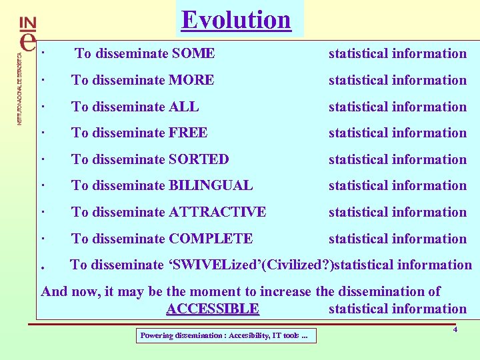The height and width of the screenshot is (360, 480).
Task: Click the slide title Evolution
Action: coord(236,19)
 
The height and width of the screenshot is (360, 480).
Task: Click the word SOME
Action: coord(193,53)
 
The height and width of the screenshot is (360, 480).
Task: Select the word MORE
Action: coord(191,80)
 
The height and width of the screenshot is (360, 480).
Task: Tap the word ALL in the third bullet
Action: coord(183,107)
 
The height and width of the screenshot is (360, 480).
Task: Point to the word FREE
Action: coord(188,133)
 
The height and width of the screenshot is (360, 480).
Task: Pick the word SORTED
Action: coord(199,159)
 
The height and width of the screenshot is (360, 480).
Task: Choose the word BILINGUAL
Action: coord(211,185)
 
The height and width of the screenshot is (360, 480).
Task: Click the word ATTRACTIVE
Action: coord(217,212)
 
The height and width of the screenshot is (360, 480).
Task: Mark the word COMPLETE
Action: coord(211,239)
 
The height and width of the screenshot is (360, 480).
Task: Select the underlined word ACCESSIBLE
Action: coord(212,309)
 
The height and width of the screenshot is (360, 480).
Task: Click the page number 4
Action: coord(455,329)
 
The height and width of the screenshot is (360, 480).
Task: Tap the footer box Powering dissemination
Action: coord(225,335)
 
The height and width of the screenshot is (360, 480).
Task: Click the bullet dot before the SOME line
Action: coord(42,53)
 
